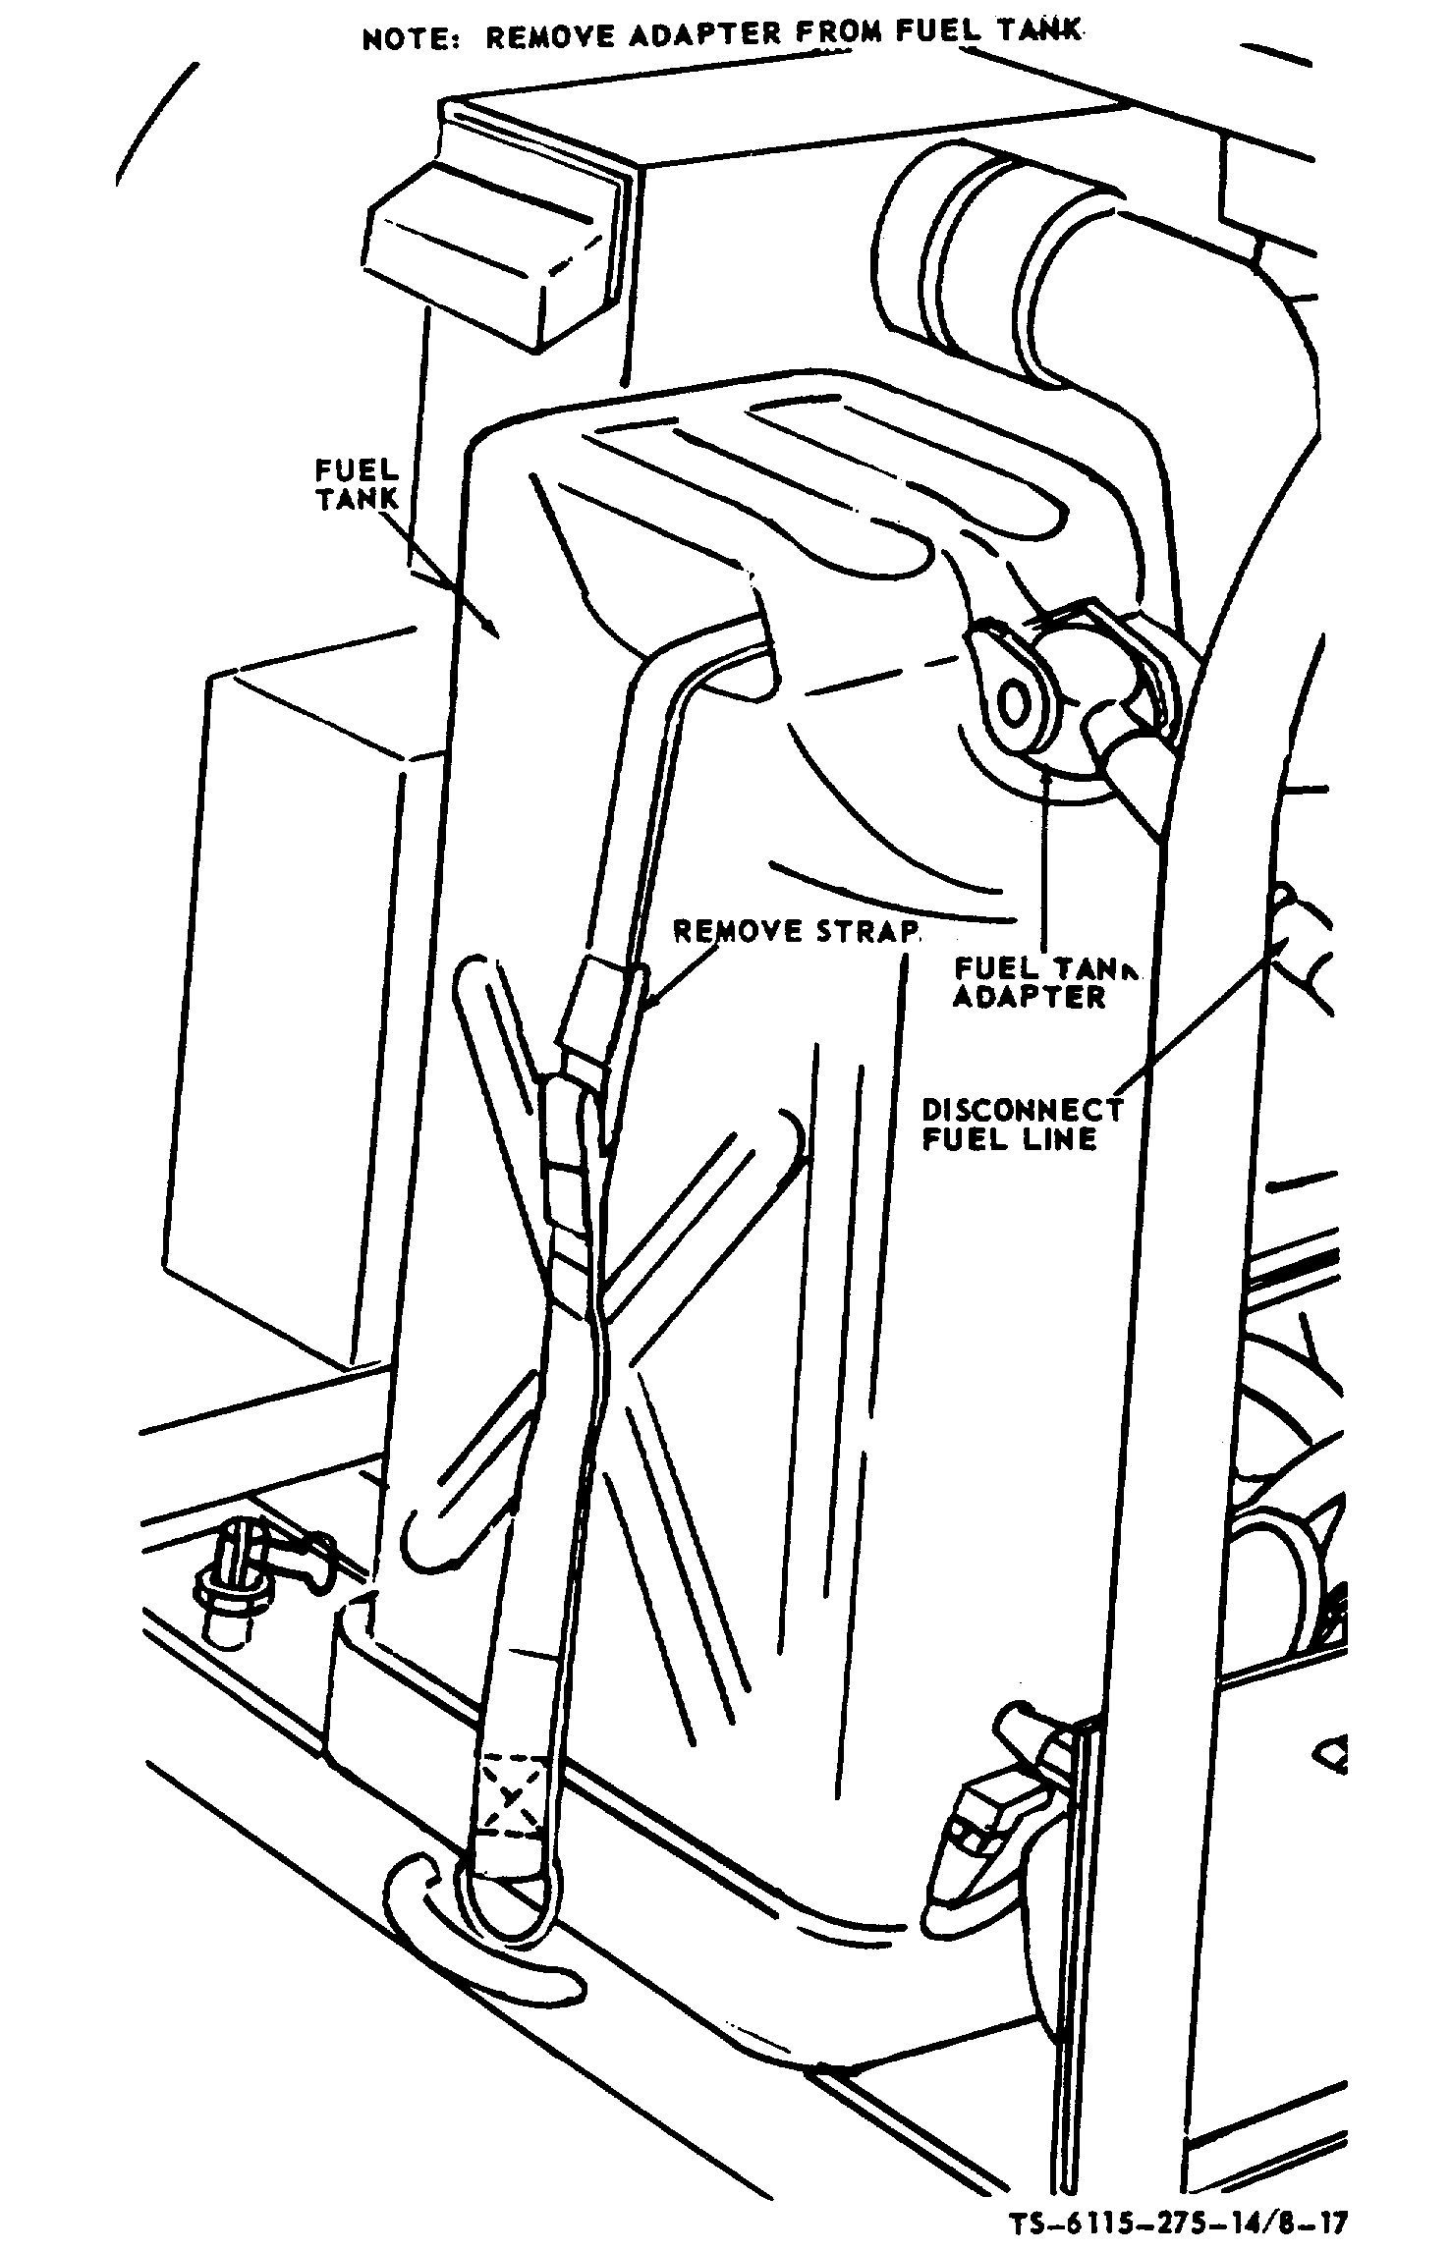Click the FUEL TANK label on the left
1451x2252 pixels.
tap(358, 483)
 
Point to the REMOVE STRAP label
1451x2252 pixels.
tap(796, 930)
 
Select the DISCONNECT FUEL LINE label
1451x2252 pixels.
tap(1022, 1124)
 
